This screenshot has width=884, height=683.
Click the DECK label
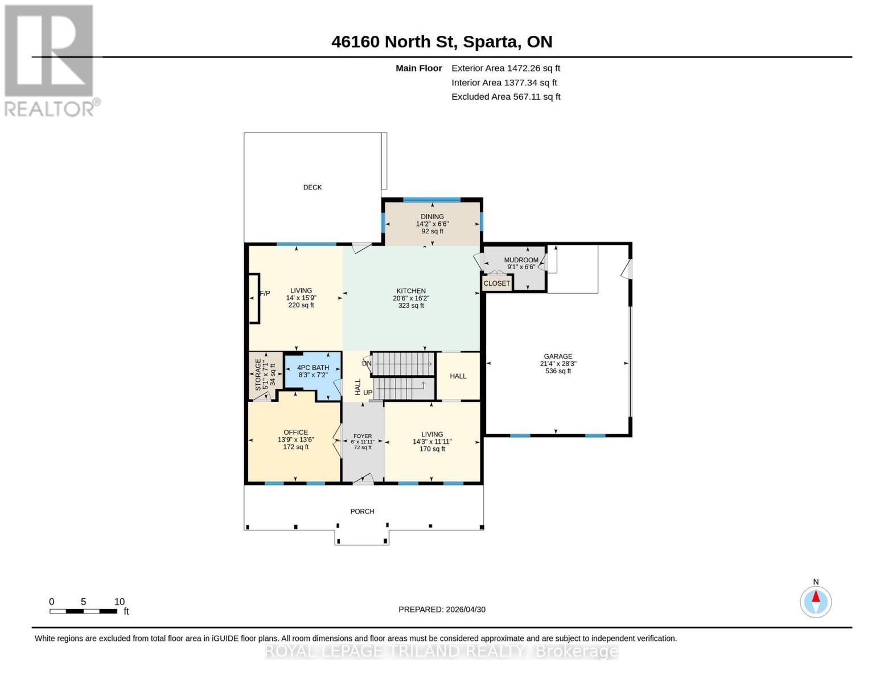tap(312, 187)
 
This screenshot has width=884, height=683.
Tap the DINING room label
tap(432, 217)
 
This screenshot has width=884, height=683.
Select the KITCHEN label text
tap(411, 291)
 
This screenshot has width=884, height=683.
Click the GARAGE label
tap(558, 356)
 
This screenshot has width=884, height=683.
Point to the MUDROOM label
tap(521, 260)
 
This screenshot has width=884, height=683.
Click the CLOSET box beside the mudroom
tap(496, 283)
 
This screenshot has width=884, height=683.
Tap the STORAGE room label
tap(258, 374)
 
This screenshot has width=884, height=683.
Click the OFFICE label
tap(295, 433)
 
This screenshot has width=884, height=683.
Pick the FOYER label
tap(363, 436)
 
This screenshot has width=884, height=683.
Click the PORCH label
tap(362, 512)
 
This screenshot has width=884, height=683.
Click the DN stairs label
tap(367, 363)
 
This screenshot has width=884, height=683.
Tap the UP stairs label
tap(368, 393)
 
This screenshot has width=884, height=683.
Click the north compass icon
tap(816, 602)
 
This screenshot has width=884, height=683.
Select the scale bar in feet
tap(83, 611)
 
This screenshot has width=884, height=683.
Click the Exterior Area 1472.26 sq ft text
tap(505, 68)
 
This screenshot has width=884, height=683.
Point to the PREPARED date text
tap(442, 610)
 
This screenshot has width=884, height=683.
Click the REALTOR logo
tap(50, 60)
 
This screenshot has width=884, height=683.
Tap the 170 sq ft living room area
tap(432, 449)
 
